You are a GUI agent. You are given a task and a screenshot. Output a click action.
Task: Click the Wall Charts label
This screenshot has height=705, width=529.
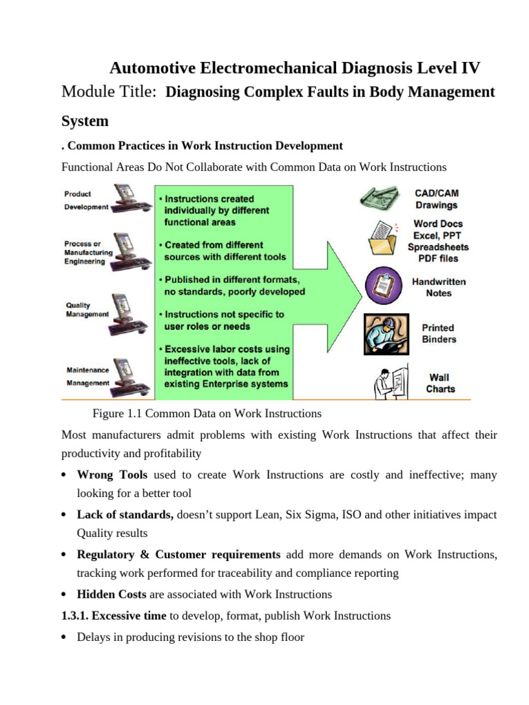click(x=440, y=383)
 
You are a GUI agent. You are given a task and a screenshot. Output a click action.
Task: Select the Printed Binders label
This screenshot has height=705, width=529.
click(x=439, y=334)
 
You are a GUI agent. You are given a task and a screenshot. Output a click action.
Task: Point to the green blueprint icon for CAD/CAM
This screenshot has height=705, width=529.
click(x=379, y=198)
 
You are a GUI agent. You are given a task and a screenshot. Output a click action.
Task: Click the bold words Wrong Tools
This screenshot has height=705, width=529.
click(x=112, y=475)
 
